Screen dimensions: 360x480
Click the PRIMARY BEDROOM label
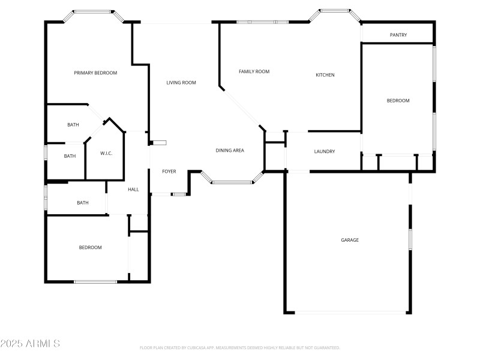95,73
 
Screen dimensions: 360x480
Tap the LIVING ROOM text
181,83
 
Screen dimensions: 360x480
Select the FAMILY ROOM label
254,71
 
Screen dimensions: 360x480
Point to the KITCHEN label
325,75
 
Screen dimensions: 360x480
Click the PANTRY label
398,35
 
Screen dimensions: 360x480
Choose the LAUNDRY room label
325,152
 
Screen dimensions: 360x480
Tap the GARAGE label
350,240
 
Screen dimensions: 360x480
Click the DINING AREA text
230,150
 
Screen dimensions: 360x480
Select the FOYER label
169,172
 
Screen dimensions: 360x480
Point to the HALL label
133,190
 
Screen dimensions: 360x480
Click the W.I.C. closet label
106,154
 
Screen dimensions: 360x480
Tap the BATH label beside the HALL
83,203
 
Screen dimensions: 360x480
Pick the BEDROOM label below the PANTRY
398,101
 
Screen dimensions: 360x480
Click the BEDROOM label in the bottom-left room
91,247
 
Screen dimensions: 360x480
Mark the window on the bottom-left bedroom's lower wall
95,281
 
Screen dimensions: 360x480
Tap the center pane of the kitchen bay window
335,11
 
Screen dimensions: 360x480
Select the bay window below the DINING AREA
232,181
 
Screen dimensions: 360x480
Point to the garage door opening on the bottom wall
350,313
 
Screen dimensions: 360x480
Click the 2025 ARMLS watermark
30,344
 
